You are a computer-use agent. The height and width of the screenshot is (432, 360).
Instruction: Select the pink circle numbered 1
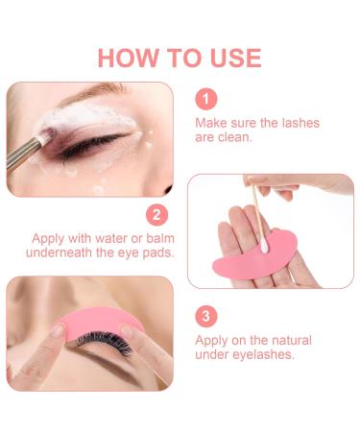207,98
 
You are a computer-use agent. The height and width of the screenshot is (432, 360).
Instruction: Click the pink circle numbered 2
156,214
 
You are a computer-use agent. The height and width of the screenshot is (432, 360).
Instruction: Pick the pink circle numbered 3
207,316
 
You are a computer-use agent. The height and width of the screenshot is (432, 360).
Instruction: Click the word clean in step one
235,138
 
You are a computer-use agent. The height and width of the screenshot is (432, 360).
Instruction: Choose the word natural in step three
294,339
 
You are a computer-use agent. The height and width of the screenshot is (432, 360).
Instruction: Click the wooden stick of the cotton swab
254,198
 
